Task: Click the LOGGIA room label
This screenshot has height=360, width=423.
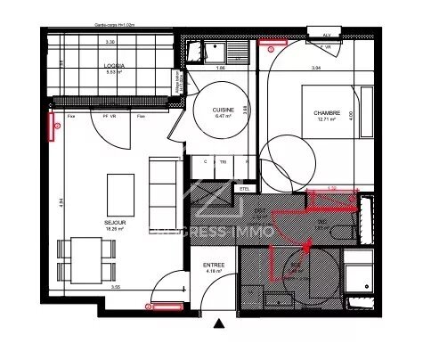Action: coord(113,66)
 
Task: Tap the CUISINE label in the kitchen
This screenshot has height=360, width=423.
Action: coord(223,110)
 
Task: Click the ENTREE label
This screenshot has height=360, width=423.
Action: coord(213,264)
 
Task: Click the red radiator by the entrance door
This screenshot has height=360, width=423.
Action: coord(166,307)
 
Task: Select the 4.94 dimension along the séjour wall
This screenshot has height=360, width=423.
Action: coord(50,201)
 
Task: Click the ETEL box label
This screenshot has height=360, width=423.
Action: coord(243,188)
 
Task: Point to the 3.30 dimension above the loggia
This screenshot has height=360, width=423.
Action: coord(110,43)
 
